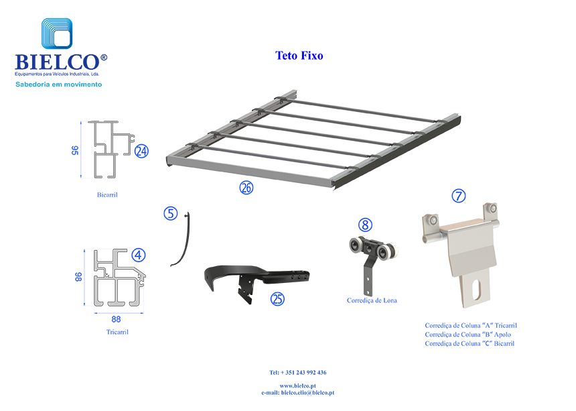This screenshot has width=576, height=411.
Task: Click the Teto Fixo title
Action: (299, 56)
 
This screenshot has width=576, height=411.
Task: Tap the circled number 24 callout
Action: (141, 151)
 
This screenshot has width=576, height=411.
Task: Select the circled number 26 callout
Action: (246, 188)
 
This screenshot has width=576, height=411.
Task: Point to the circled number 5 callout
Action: (170, 213)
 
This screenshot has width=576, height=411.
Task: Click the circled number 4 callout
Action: (139, 255)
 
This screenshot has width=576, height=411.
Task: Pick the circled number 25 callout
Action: (277, 299)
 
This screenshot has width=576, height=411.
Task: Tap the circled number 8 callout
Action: (365, 225)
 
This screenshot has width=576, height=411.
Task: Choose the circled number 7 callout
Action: (458, 196)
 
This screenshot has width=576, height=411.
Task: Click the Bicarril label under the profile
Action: (107, 195)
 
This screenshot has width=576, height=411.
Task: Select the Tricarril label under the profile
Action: (118, 332)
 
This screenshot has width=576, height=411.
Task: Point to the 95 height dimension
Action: (75, 150)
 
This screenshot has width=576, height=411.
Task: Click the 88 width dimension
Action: (116, 319)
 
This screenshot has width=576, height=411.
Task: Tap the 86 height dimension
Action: (78, 277)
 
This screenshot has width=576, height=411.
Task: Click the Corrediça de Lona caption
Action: (372, 300)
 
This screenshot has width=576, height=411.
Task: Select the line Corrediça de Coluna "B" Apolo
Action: (467, 335)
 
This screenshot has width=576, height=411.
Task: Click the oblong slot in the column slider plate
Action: (476, 290)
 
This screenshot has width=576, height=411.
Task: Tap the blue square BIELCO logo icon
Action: (57, 34)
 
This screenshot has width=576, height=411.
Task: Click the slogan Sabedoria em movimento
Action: (59, 84)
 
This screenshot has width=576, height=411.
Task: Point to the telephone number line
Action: (298, 372)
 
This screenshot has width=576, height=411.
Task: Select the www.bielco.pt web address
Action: (298, 386)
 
